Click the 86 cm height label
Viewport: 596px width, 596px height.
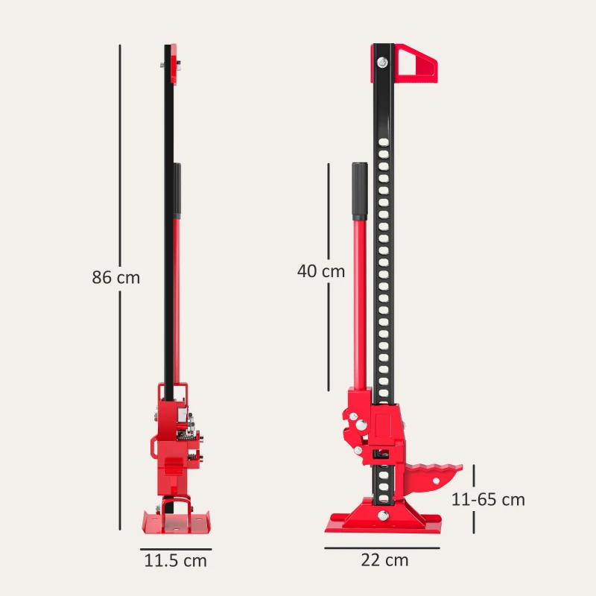coord(115,277)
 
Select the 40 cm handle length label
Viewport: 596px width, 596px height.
coord(321,271)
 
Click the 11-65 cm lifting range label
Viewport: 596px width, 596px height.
coord(489,499)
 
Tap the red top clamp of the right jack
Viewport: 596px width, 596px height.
coord(415,62)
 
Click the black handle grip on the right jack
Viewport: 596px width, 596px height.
coord(360,189)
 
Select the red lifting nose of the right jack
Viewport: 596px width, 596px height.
coord(431,478)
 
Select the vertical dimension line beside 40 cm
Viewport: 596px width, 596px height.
coord(328,276)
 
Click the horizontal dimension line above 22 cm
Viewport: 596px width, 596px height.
coord(381,548)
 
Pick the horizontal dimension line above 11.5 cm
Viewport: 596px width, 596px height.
coord(176,549)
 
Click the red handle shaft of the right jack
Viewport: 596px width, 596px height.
coord(359,298)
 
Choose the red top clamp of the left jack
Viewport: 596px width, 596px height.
coord(174,63)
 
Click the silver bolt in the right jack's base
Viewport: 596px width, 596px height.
coord(383,516)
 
